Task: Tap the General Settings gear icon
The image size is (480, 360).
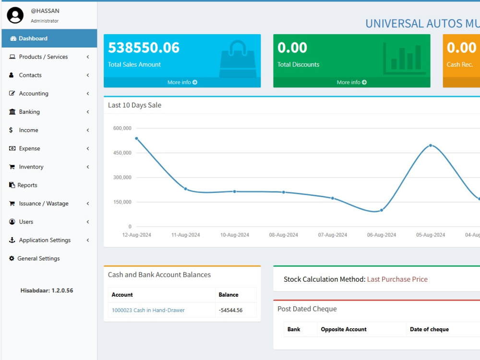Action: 12,258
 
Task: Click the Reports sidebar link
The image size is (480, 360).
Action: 27,185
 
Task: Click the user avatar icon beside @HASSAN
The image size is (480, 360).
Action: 15,15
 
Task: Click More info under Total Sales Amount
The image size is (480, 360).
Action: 182,83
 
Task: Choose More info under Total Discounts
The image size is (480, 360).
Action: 352,83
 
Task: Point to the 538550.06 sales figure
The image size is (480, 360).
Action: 144,48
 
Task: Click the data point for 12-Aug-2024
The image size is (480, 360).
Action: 136,138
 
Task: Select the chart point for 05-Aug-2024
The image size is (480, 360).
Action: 431,145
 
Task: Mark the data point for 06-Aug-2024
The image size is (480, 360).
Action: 382,210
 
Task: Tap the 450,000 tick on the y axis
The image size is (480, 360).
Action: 122,153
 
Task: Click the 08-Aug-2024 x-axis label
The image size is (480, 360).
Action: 284,235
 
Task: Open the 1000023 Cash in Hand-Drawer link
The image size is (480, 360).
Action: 148,310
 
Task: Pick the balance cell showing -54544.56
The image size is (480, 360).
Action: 230,310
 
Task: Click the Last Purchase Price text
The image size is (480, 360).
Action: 397,279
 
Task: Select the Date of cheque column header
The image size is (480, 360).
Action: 429,329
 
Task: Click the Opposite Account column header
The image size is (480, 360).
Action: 344,329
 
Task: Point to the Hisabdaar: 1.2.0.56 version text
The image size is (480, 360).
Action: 47,290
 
